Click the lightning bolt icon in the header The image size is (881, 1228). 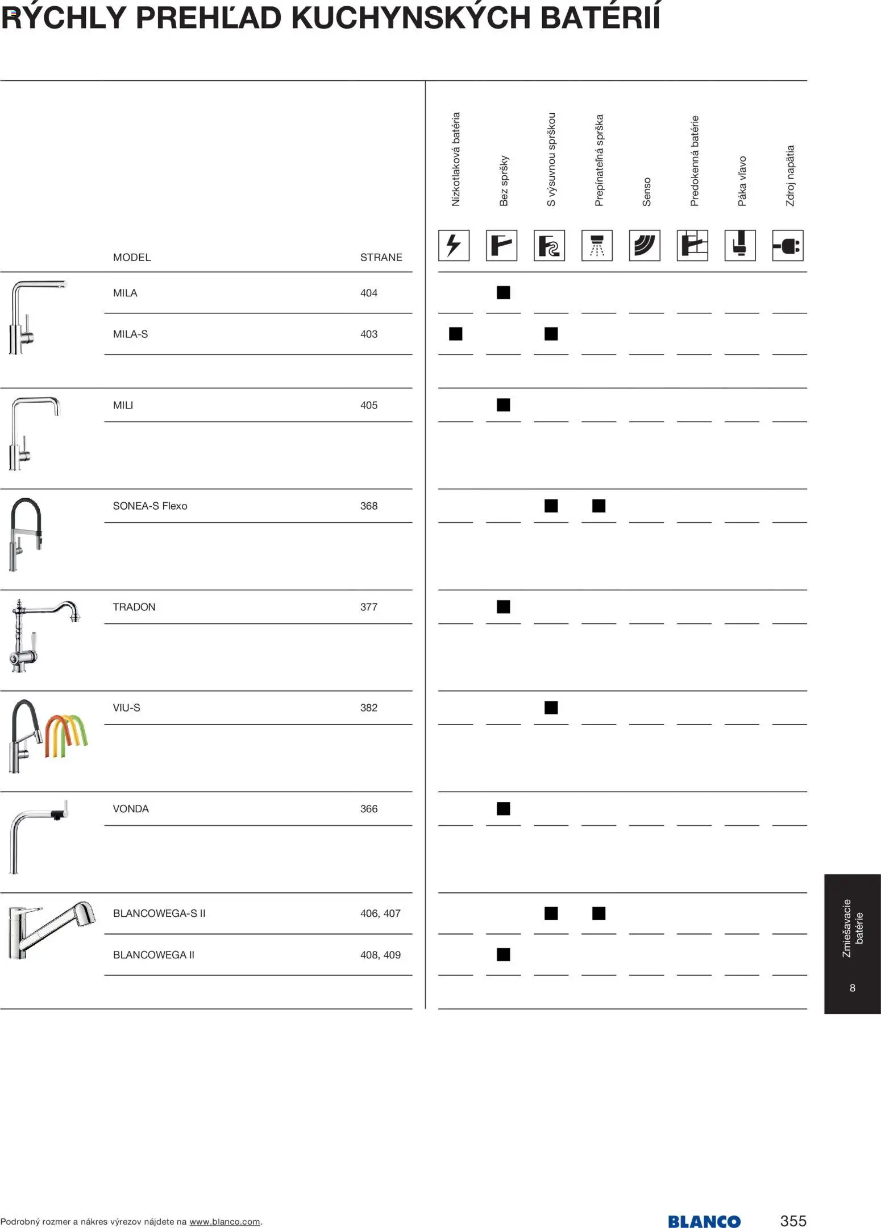click(x=454, y=246)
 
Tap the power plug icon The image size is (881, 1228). click(x=787, y=246)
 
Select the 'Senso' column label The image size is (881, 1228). click(x=646, y=192)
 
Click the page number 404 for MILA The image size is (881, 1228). click(x=368, y=293)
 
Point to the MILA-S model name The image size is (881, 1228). click(x=130, y=334)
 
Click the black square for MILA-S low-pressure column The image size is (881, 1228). click(x=455, y=334)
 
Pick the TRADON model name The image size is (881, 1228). click(x=134, y=607)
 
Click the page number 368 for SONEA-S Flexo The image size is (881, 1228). click(x=368, y=506)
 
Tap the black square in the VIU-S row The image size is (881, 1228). click(x=551, y=708)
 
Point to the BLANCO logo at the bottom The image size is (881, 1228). click(x=704, y=1221)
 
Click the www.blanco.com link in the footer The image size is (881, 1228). click(x=225, y=1222)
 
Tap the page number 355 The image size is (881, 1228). click(x=793, y=1221)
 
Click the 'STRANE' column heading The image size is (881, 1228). click(x=381, y=257)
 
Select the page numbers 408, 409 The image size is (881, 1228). click(x=380, y=954)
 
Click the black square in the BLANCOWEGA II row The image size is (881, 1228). click(x=503, y=954)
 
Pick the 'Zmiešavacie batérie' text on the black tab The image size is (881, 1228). click(x=853, y=928)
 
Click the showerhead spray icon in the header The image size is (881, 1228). click(x=597, y=246)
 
